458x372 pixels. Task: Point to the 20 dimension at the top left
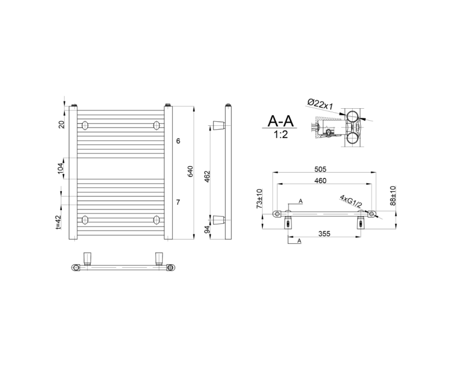pos(62,123)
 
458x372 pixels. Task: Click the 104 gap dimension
pos(61,168)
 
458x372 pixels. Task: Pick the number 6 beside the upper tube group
pos(178,141)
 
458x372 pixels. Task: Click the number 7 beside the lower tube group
pos(178,202)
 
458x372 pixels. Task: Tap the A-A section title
pos(281,121)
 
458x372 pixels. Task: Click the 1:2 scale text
pos(281,135)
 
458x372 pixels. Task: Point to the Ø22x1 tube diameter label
pos(321,104)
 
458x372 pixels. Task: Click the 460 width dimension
pos(321,181)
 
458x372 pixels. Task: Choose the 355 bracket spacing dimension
pos(324,234)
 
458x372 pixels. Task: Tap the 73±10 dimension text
pos(259,199)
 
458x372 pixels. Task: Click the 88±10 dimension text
pos(393,196)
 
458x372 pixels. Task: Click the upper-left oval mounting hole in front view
pos(85,125)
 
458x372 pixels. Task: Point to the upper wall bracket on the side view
pos(218,125)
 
